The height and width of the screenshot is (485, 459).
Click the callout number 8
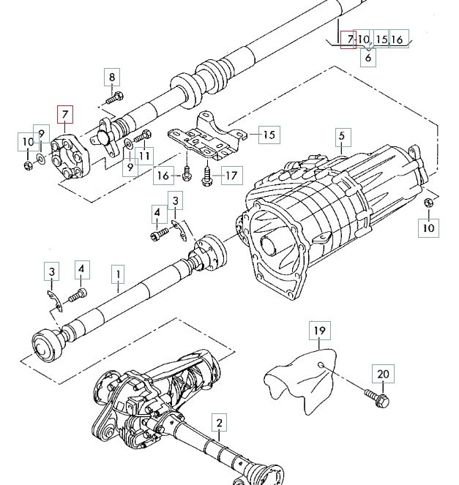point(112,77)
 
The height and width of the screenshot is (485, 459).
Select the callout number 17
point(232,176)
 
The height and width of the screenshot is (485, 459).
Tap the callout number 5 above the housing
point(342,137)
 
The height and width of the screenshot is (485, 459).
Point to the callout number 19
point(320,331)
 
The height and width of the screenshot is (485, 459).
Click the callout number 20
point(383,374)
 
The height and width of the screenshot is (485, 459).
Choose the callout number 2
point(220,423)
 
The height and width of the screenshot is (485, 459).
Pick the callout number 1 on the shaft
point(119,274)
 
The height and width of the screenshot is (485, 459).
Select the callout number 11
point(144,156)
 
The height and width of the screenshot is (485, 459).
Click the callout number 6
point(368,58)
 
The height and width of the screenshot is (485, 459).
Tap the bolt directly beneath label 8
point(114,97)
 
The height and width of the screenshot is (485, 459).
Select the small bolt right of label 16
point(187,174)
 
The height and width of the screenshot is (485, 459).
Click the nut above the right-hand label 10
point(429,203)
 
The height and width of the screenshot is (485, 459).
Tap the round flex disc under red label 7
point(70,157)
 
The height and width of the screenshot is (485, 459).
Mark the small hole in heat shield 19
point(321,365)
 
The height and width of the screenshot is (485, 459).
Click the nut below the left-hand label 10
point(28,166)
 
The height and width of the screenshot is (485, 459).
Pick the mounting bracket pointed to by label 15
point(207,136)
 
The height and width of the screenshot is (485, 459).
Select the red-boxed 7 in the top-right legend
point(348,40)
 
